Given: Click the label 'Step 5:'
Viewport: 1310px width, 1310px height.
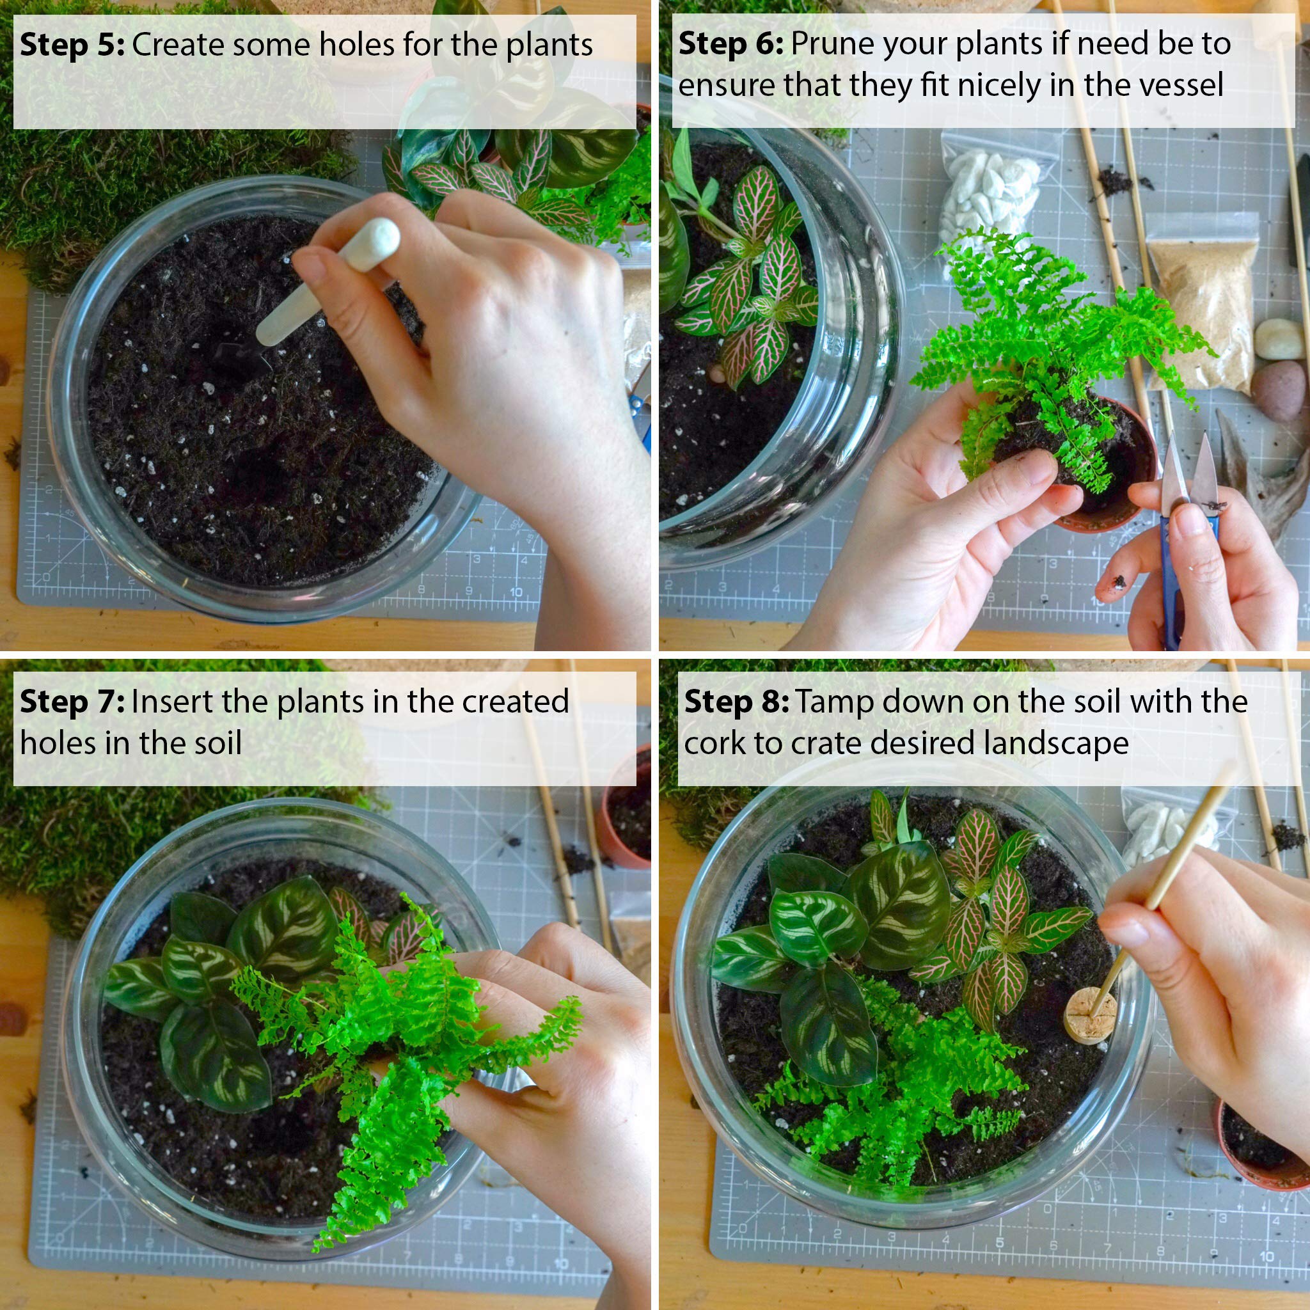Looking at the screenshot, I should (x=72, y=45).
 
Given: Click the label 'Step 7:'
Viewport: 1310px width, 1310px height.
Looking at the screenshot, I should (x=72, y=702).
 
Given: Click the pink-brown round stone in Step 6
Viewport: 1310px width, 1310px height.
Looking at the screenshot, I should (x=1277, y=390).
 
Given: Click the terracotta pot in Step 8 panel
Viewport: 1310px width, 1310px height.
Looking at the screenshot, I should (x=1254, y=1146).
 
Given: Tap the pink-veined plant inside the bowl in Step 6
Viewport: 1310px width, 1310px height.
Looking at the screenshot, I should (x=753, y=285).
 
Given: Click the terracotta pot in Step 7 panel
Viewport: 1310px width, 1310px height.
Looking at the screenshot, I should (x=627, y=814).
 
